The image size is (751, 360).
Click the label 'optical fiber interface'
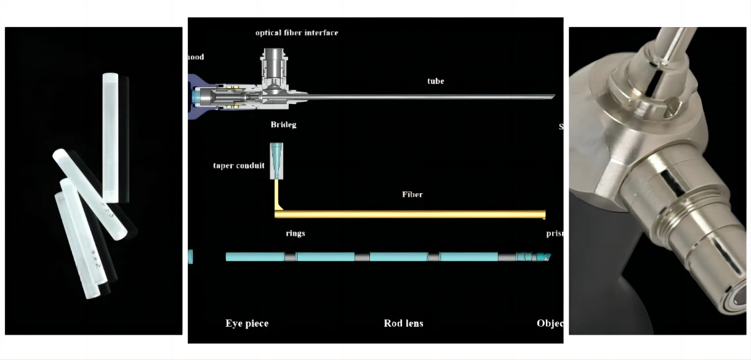click(297, 33)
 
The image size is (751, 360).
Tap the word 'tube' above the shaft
click(436, 81)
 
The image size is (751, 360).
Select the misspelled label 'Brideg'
click(283, 125)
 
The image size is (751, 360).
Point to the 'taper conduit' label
click(239, 166)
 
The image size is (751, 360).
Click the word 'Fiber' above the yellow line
click(412, 194)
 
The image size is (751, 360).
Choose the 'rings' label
click(295, 234)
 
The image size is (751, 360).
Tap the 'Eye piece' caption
click(247, 324)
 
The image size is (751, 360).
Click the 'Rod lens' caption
click(403, 324)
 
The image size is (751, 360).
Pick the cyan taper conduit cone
click(276, 153)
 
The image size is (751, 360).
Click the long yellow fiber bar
click(409, 214)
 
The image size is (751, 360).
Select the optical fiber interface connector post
click(271, 65)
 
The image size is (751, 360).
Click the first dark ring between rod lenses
click(290, 257)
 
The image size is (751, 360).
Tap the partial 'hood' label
click(196, 57)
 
